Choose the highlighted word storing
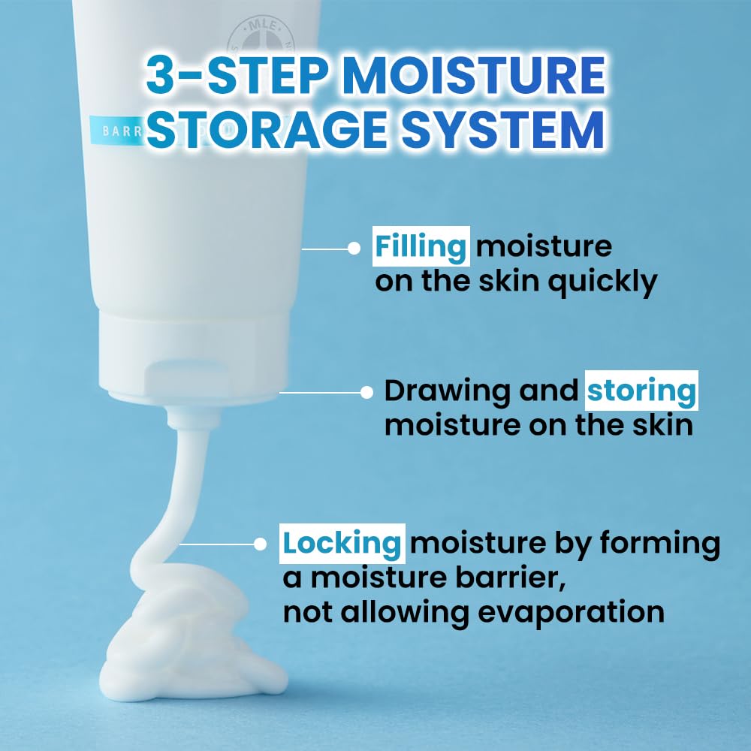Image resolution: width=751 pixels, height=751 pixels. [x=641, y=391]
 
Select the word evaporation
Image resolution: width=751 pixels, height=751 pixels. [x=571, y=612]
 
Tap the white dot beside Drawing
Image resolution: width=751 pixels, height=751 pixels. [x=366, y=391]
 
